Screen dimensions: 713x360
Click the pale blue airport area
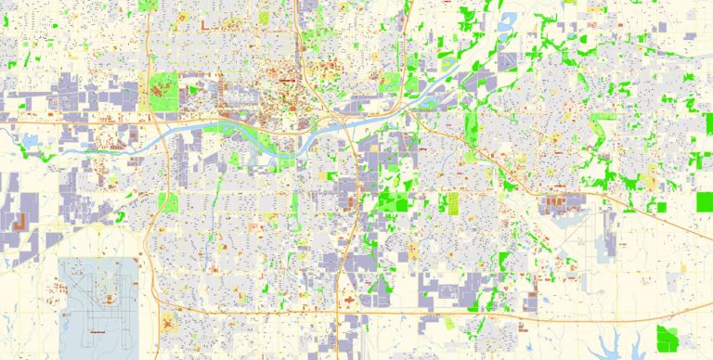[97, 297]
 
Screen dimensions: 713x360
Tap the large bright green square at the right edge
[705, 202]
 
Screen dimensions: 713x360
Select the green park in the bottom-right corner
[667, 339]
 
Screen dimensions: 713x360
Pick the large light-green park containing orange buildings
[163, 92]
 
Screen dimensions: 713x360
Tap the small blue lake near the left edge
[28, 141]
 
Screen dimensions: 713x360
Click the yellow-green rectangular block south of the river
[168, 202]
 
